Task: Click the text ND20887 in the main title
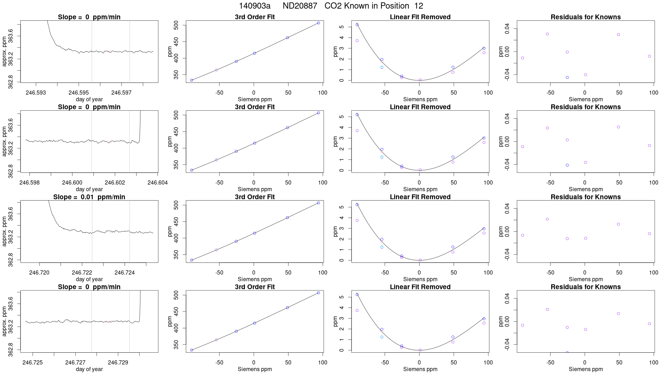300,6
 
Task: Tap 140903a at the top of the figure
254,6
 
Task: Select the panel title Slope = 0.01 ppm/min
89,197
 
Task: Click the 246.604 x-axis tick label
157,182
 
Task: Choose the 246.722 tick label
82,273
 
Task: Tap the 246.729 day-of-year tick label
118,362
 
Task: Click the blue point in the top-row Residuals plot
567,78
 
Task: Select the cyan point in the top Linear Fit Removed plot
382,67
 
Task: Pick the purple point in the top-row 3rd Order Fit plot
216,70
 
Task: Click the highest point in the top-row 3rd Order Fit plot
318,23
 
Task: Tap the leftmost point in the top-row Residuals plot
523,58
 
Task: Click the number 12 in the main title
419,6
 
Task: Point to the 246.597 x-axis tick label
121,93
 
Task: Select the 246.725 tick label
33,362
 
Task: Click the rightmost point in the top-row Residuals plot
649,56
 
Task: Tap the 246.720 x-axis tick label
39,273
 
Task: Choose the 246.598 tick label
30,182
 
